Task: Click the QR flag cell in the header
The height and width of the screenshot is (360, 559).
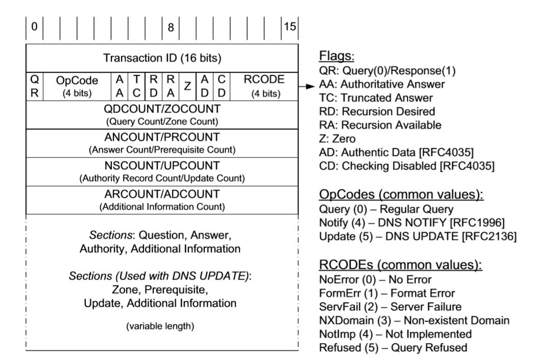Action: coord(34,86)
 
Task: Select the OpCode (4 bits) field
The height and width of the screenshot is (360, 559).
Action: coord(77,86)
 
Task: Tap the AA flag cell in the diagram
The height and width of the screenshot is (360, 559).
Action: coord(120,86)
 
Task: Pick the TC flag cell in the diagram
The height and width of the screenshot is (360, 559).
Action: coord(136,86)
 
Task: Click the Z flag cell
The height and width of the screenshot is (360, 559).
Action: coord(188,86)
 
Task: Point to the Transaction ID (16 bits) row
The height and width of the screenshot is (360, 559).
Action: coord(162,58)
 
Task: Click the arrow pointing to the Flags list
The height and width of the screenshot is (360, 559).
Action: coord(306,87)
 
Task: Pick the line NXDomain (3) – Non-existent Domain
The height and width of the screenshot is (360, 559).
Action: coord(414,321)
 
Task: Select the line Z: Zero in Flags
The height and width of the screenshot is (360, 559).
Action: coord(337,139)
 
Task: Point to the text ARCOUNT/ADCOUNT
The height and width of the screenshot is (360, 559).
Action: coord(162,194)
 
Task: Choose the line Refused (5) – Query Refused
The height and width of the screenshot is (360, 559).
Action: coord(392,348)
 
